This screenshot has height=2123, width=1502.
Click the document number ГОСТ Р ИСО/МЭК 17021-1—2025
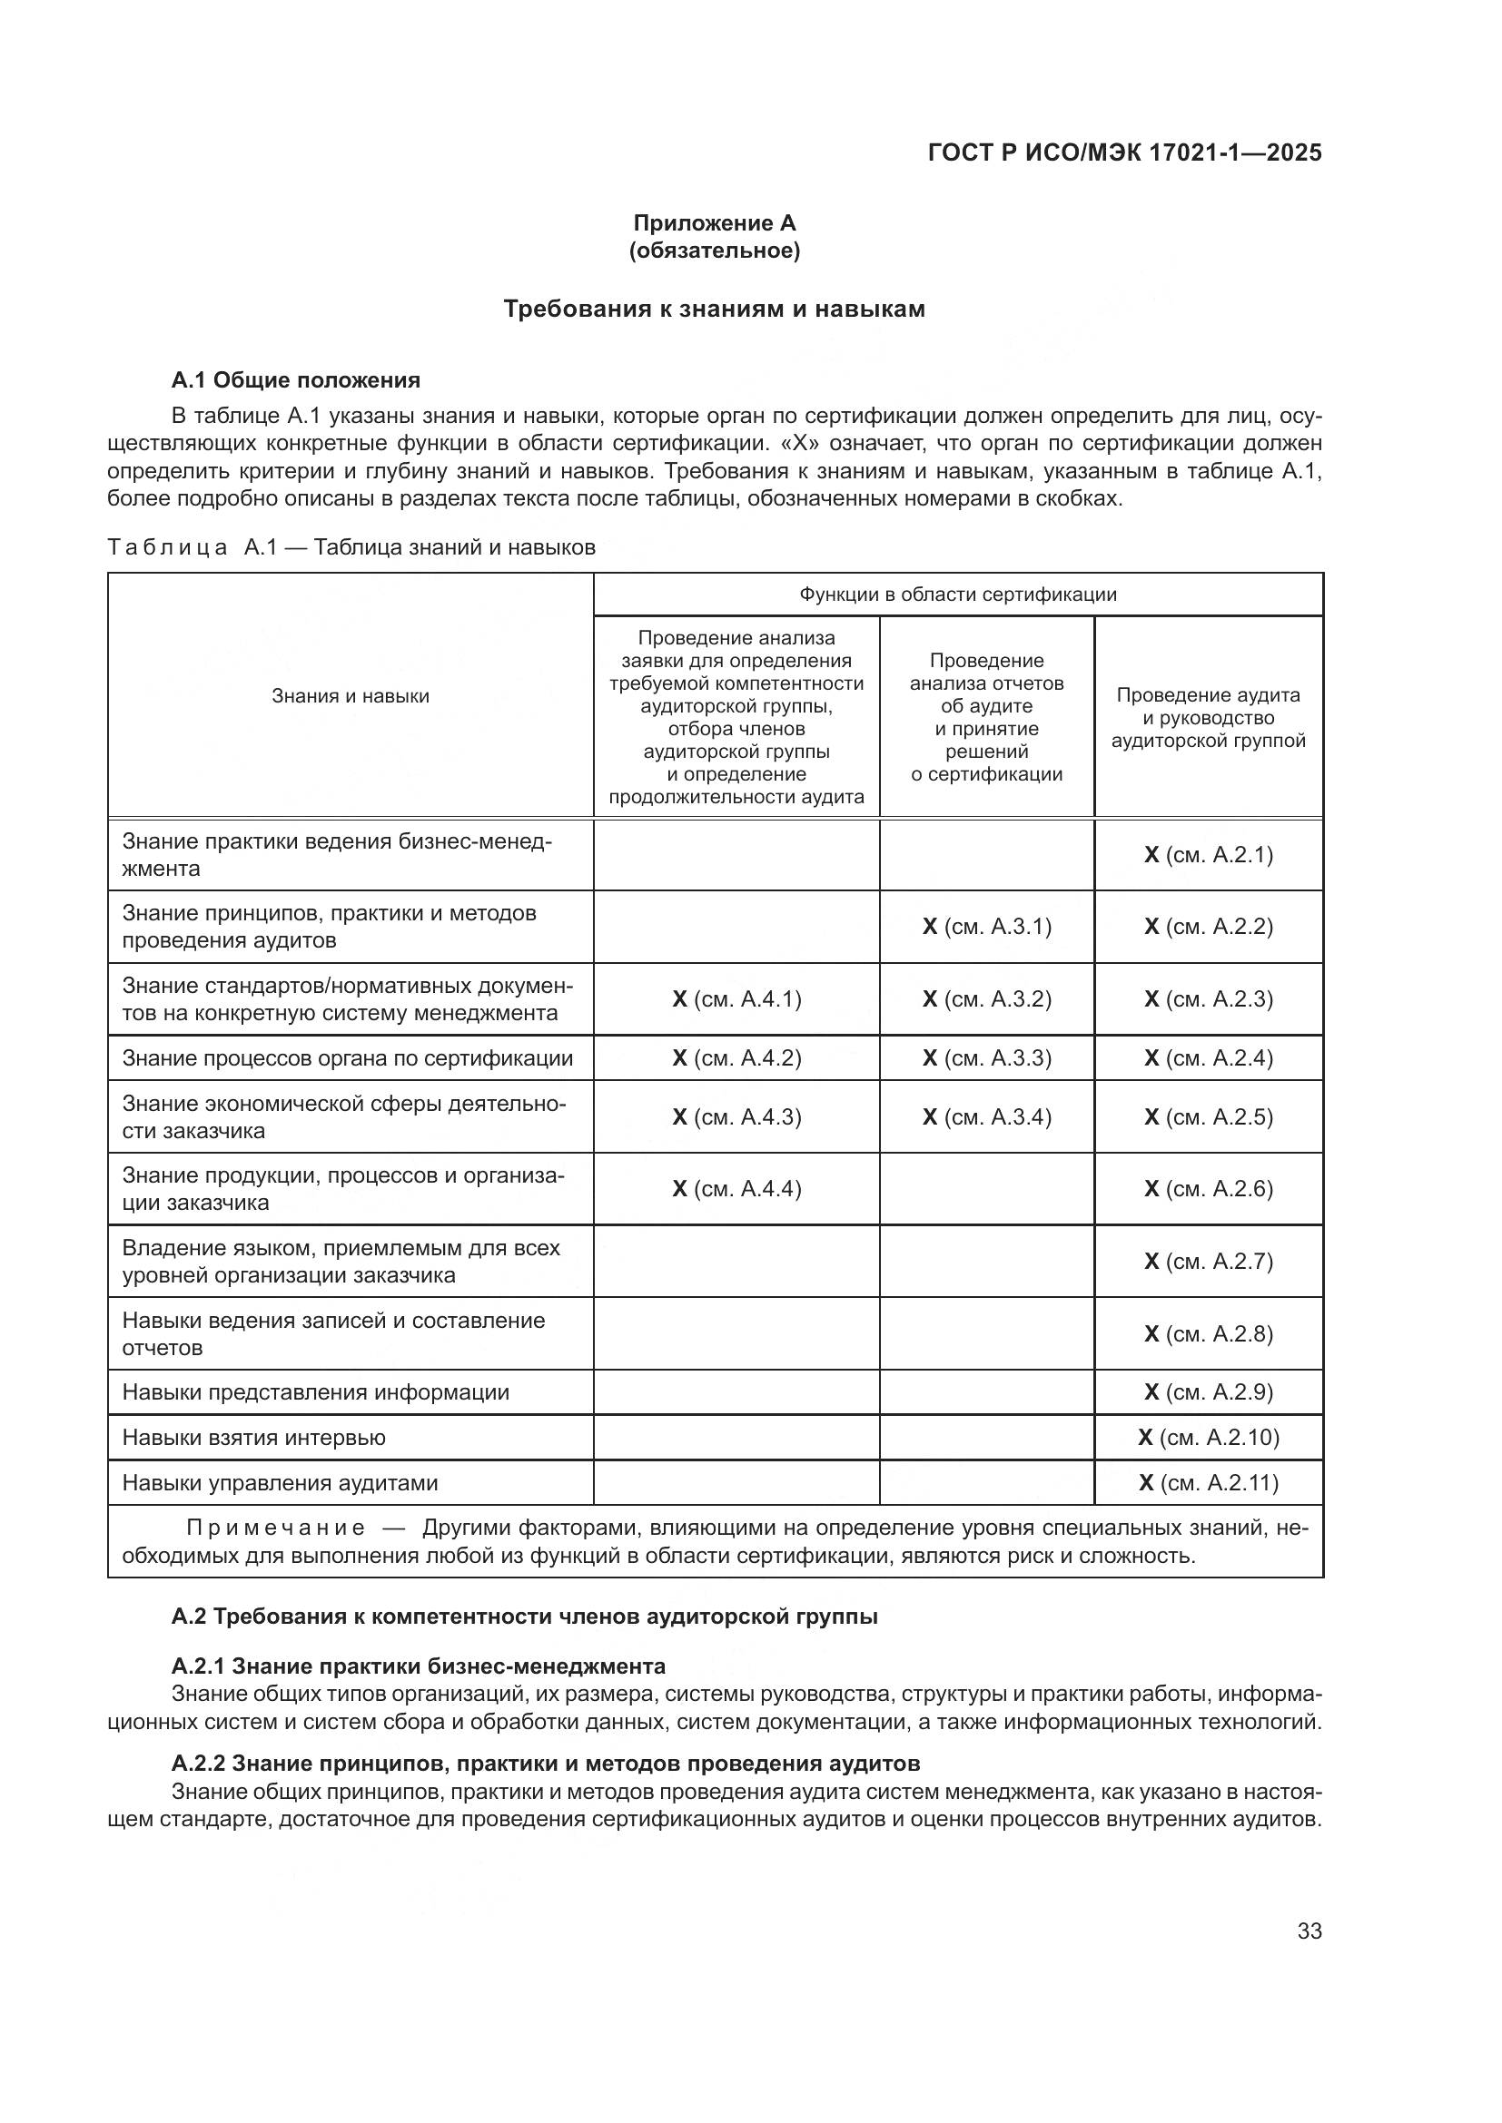coord(1124,152)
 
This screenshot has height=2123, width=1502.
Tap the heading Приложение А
coord(714,223)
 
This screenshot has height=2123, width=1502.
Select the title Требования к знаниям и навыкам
coord(714,309)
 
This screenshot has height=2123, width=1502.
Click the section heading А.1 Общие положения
coord(296,380)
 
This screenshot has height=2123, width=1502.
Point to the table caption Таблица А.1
coord(351,547)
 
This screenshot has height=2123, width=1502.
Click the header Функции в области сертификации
coord(958,595)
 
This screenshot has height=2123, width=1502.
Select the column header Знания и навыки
coord(351,696)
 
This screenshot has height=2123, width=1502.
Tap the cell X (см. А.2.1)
coord(1208,854)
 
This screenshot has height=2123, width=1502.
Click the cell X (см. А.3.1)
coord(987,927)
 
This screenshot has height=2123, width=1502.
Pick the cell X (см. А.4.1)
coord(736,998)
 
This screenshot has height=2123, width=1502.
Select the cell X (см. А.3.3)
coord(987,1057)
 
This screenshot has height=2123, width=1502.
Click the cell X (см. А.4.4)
coord(736,1188)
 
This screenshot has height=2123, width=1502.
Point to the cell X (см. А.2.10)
coord(1208,1437)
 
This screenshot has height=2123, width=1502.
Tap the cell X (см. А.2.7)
coord(1208,1262)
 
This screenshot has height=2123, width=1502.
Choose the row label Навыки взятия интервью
coord(254,1437)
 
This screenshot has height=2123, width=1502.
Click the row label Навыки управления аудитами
coord(281,1482)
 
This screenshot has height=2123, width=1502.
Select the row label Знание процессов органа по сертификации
coord(348,1057)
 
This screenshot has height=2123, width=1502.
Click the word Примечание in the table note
coord(276,1528)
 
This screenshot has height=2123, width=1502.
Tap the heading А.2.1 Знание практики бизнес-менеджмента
coord(418,1666)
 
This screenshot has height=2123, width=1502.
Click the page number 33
coord(1309,1931)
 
